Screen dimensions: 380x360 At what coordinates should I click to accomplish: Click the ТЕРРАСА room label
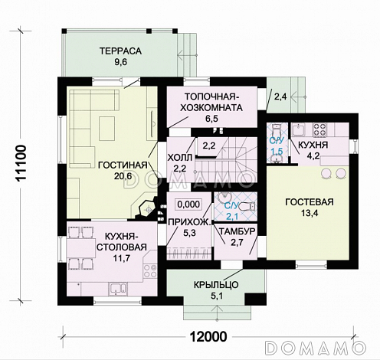click(120, 51)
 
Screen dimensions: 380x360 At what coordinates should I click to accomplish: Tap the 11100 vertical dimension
click(21, 163)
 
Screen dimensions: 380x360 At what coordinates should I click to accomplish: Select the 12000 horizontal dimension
click(208, 336)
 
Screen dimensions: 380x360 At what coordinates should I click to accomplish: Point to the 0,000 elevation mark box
click(189, 205)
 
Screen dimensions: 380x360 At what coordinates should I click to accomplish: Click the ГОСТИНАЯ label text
click(123, 165)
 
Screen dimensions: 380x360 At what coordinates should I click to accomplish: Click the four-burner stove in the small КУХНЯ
click(320, 129)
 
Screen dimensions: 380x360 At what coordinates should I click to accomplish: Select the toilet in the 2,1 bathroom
click(247, 206)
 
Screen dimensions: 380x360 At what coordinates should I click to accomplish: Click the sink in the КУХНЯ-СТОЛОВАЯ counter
click(117, 288)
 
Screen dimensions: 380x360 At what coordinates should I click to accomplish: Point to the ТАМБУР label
click(237, 231)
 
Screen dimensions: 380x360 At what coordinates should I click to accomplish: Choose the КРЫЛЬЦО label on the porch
click(216, 284)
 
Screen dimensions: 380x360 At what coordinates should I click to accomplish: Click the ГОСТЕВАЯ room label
click(310, 201)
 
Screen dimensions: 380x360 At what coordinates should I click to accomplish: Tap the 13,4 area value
click(309, 213)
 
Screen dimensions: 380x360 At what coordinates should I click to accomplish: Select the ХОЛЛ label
click(179, 158)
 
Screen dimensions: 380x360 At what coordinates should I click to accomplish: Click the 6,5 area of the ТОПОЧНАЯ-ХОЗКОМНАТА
click(212, 119)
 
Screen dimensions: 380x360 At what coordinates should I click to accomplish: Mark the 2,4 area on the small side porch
click(280, 97)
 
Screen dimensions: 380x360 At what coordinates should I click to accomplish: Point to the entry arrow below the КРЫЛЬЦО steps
click(217, 313)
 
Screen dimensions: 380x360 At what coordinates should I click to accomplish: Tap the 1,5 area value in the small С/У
click(277, 152)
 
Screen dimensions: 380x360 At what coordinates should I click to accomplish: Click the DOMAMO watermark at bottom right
click(316, 347)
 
